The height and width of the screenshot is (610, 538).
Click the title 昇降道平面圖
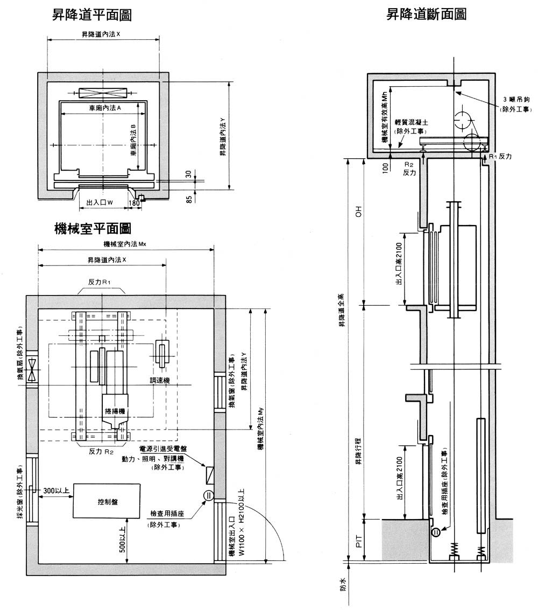pos(91,15)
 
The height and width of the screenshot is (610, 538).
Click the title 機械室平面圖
pos(94,229)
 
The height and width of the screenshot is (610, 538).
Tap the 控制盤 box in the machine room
pos(108,501)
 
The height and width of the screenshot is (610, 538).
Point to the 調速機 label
pos(160,380)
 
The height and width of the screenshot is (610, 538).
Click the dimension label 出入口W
pos(99,203)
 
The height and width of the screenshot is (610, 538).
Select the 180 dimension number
pos(134,203)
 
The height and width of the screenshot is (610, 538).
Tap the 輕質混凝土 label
pos(410,123)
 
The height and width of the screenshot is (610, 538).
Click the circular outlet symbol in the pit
pos(436,532)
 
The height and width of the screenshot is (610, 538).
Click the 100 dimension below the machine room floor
pos(385,167)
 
